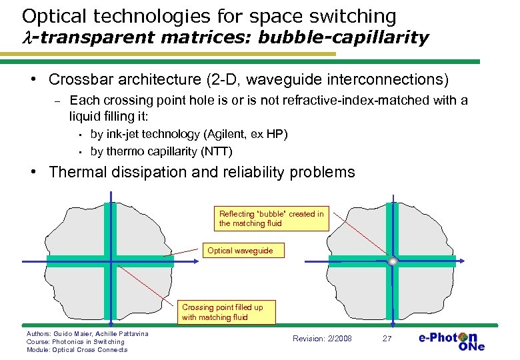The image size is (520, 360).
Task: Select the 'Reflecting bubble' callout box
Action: (272, 218)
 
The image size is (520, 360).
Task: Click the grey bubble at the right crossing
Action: (393, 261)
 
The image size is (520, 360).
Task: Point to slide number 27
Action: (387, 339)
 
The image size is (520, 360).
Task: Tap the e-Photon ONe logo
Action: (451, 341)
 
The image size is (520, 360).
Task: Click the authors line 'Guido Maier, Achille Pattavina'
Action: (87, 333)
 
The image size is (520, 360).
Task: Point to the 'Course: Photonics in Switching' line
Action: (75, 341)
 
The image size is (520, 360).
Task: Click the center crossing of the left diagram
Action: (111, 261)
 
